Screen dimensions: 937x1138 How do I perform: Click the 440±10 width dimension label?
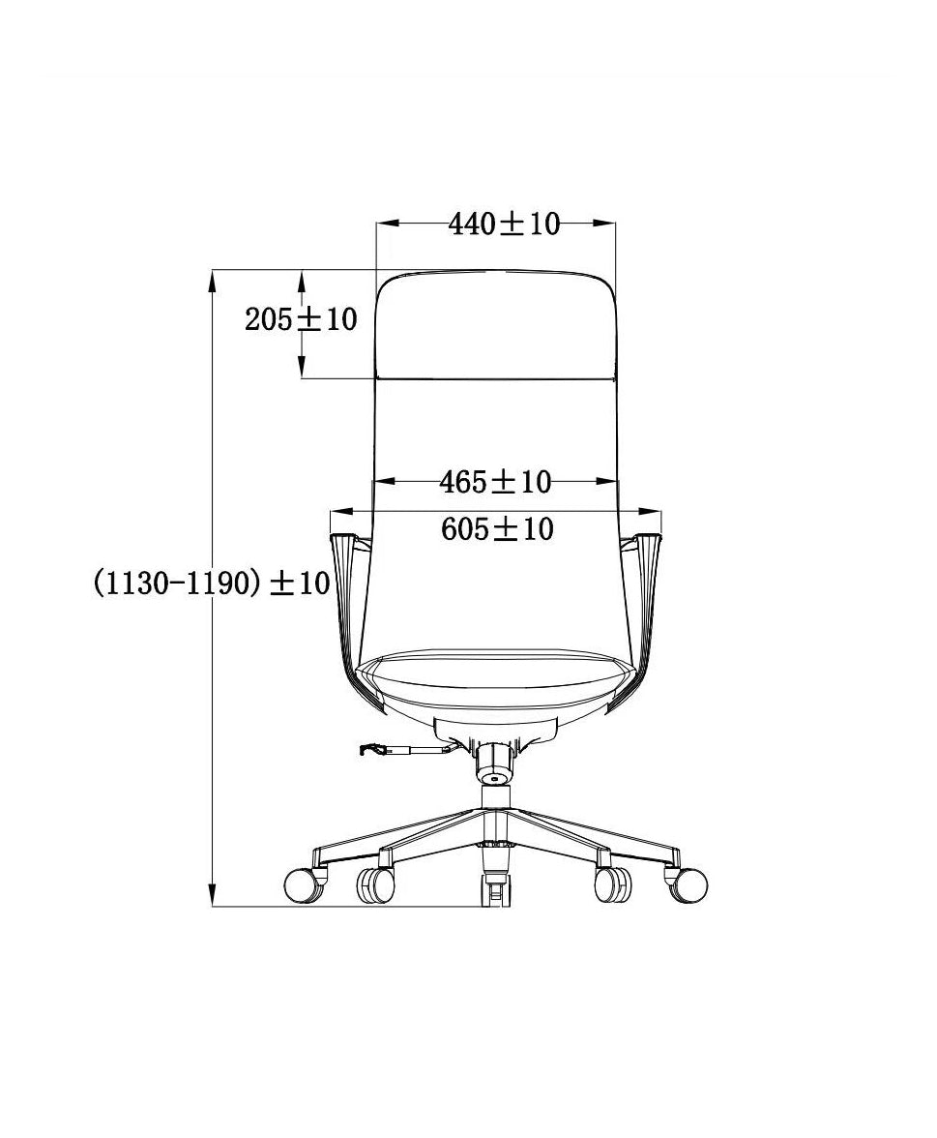point(504,225)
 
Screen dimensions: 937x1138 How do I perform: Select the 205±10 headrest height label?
point(301,318)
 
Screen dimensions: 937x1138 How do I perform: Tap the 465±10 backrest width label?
point(496,482)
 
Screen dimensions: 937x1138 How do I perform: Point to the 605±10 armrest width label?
point(497,529)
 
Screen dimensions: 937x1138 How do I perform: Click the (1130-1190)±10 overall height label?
point(212,583)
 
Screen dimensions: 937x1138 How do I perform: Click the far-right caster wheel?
point(686,884)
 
